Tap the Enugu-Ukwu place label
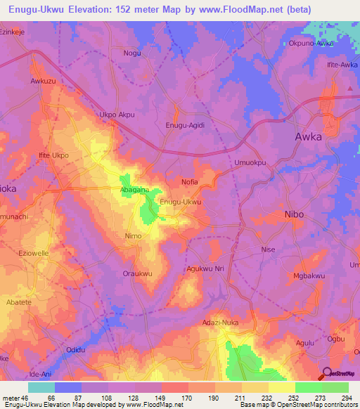pos(181,202)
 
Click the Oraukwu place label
pos(138,274)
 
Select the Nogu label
pos(131,53)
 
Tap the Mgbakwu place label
pos(309,277)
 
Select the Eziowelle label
pos(34,252)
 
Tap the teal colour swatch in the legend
pos(41,387)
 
